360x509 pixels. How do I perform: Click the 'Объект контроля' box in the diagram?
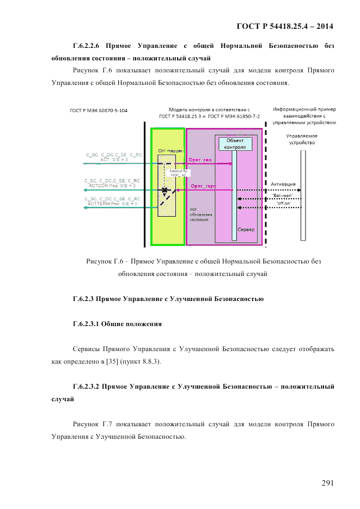(x=235, y=144)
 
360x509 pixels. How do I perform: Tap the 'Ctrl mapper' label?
(x=170, y=150)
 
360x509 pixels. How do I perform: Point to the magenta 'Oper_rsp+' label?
(x=203, y=186)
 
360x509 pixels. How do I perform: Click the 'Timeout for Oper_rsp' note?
(x=178, y=173)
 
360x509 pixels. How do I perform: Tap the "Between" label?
(x=282, y=195)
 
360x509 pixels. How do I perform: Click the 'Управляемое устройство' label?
(x=302, y=139)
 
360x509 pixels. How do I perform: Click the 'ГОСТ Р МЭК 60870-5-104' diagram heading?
(x=99, y=111)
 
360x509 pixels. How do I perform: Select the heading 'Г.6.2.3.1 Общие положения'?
(x=117, y=324)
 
